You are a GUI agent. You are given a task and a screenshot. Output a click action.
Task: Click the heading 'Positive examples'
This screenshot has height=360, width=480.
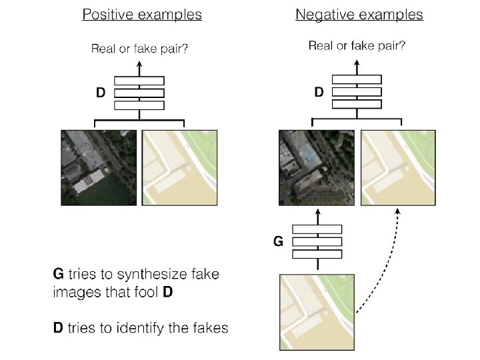(x=142, y=15)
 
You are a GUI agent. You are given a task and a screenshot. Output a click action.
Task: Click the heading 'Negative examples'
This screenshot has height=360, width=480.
(x=359, y=15)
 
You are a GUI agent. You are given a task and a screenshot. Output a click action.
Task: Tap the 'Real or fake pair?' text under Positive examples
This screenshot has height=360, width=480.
(x=139, y=48)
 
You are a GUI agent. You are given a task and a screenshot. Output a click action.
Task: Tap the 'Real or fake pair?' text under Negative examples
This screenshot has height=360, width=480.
(x=357, y=46)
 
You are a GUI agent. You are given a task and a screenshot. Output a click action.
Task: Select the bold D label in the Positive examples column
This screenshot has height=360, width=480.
(x=100, y=93)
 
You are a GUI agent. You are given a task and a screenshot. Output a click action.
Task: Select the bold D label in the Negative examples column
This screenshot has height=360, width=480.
(x=319, y=92)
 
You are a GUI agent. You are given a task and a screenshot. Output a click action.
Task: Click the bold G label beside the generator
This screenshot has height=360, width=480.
(x=278, y=241)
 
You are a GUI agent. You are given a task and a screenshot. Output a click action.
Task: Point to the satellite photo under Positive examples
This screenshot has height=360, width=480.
(x=99, y=167)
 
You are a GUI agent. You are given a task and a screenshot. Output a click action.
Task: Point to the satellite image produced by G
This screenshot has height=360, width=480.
(x=317, y=167)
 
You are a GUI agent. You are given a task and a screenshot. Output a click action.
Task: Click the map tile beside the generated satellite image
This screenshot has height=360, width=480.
(x=398, y=167)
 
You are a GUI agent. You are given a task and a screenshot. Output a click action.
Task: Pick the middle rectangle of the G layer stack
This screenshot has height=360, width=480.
(x=317, y=241)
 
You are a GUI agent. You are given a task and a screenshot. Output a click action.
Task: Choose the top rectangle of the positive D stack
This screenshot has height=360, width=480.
(x=139, y=79)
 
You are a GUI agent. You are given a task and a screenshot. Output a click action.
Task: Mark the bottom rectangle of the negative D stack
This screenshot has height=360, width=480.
(x=357, y=104)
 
